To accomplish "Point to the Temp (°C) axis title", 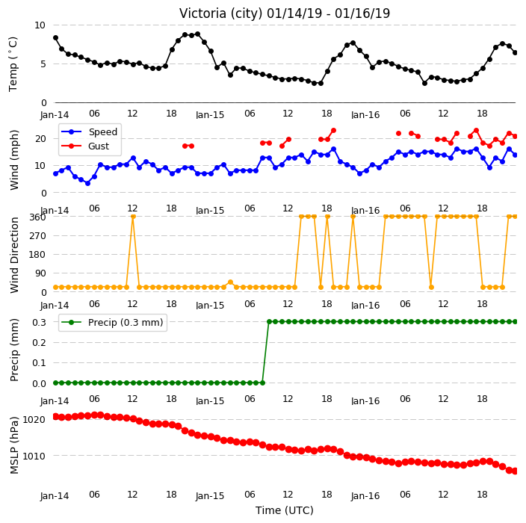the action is [13, 64].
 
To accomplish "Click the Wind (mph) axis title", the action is [14, 160].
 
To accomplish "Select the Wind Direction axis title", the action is [14, 255].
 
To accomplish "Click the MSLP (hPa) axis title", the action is [14, 445].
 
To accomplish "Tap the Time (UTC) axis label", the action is [285, 510].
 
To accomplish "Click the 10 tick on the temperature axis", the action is [40, 25].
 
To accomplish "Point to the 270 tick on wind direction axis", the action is [37, 235].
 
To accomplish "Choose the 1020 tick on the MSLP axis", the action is [34, 419].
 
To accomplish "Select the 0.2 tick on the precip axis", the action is [39, 342].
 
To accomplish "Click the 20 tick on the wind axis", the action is [40, 138].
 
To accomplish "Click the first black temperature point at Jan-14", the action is [56, 38].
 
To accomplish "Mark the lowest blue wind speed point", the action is [88, 183].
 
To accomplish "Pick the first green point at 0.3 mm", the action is [269, 322].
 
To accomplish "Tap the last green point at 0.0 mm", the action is [263, 383].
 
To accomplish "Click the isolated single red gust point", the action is [398, 133].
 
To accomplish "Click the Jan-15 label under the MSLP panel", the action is [210, 496].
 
